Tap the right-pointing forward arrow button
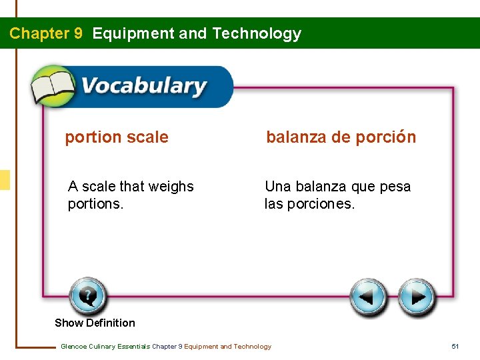417,297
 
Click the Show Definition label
95,323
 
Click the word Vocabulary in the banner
143,87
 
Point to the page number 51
455,346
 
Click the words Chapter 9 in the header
46,33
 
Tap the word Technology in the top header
257,33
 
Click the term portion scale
117,137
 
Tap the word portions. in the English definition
95,204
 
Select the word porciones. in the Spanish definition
321,204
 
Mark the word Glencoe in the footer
74,346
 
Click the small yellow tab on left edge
5,180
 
